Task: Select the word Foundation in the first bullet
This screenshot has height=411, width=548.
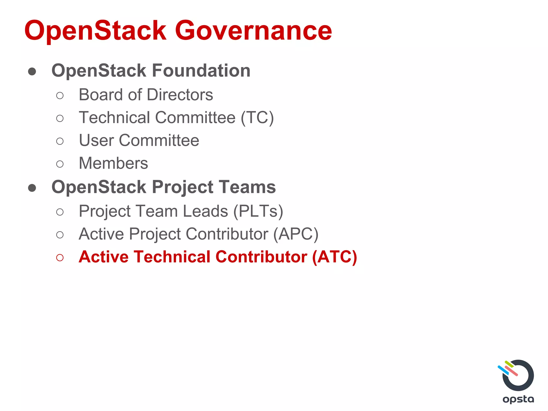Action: click(201, 71)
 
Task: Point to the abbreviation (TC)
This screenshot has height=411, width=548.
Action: click(257, 118)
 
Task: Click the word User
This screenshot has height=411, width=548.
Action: click(96, 140)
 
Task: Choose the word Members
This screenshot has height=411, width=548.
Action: click(113, 163)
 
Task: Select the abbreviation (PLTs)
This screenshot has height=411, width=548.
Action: click(258, 211)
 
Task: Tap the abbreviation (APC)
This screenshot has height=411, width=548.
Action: click(295, 234)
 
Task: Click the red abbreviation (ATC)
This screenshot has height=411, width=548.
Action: click(334, 257)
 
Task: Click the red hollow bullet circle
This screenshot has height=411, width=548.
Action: click(60, 258)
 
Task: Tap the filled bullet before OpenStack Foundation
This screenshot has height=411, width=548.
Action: click(32, 71)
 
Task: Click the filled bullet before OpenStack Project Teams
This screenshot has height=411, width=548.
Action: click(32, 188)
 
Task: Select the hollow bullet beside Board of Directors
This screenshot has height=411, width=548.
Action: click(60, 96)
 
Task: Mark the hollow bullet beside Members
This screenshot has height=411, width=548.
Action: click(60, 164)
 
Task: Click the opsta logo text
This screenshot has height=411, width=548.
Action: click(518, 399)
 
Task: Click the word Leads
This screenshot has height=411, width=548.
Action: click(205, 211)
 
